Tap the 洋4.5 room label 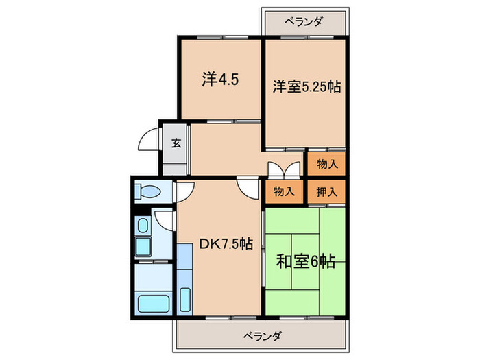coord(219,79)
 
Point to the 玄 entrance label coord(176,143)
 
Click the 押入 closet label coord(327,191)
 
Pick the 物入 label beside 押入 coord(285,191)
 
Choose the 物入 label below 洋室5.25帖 coord(327,164)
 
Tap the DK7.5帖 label coord(226,243)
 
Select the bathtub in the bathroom coord(154,301)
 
